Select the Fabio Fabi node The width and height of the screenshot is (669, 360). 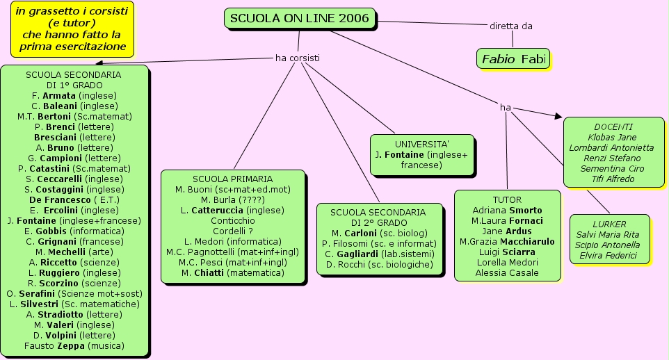(513, 59)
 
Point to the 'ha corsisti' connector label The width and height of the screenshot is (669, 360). (298, 58)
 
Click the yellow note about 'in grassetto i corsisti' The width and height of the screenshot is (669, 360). (72, 29)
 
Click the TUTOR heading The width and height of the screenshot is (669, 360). (507, 199)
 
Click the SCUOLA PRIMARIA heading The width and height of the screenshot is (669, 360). (232, 179)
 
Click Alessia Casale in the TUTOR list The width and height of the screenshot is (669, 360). (507, 272)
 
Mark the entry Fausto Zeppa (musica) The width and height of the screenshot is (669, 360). (74, 345)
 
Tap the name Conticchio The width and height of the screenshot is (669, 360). (232, 220)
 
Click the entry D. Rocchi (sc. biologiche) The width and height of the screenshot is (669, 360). (379, 264)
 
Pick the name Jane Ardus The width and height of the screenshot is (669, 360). (507, 231)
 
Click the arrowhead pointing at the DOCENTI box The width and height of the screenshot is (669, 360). (558, 116)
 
